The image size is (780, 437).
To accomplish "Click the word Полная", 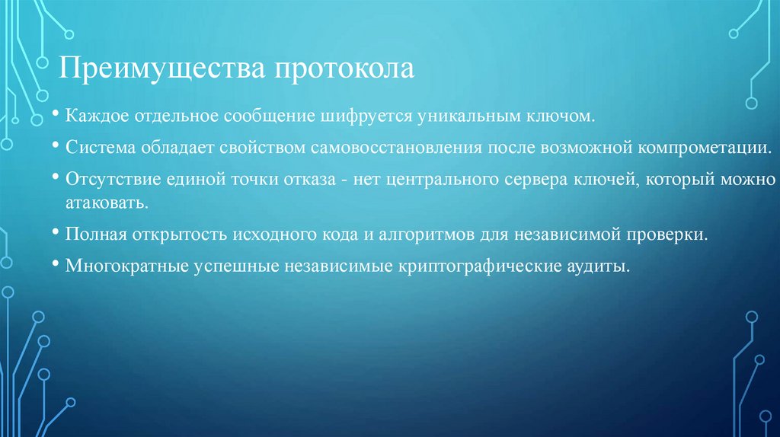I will click(93, 234).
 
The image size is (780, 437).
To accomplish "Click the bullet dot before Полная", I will click(57, 232).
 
